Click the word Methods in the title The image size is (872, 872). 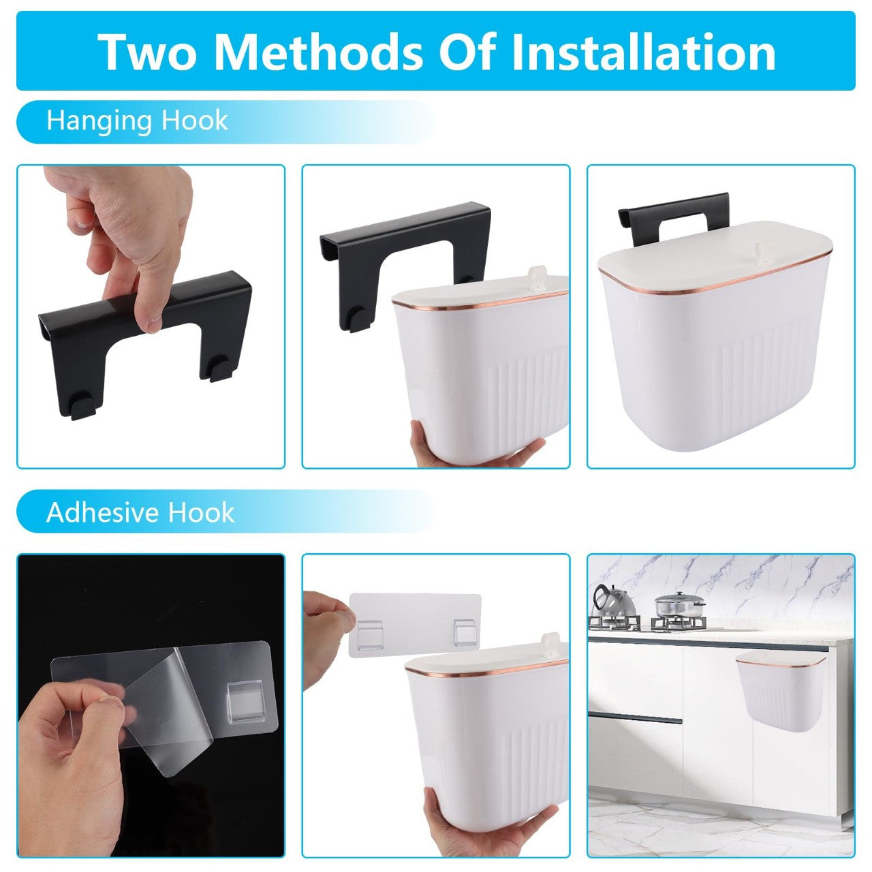coord(324,52)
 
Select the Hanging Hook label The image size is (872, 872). coord(137,121)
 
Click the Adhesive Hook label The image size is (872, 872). coord(140,513)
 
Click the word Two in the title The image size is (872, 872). coord(150,52)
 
